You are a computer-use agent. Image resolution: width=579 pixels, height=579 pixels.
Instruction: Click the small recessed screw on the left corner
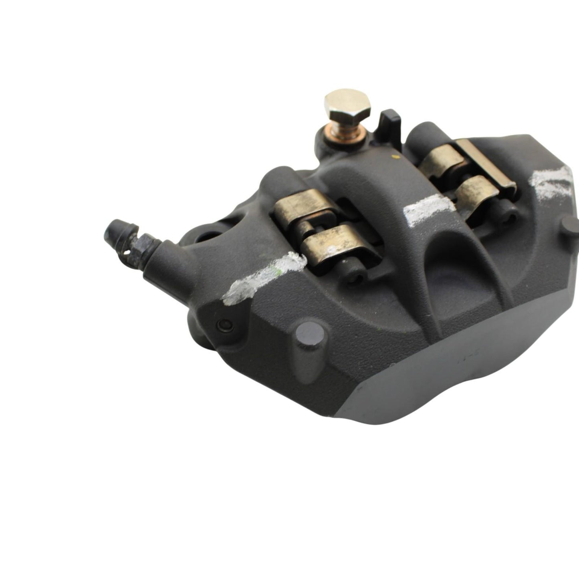click(x=224, y=324)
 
